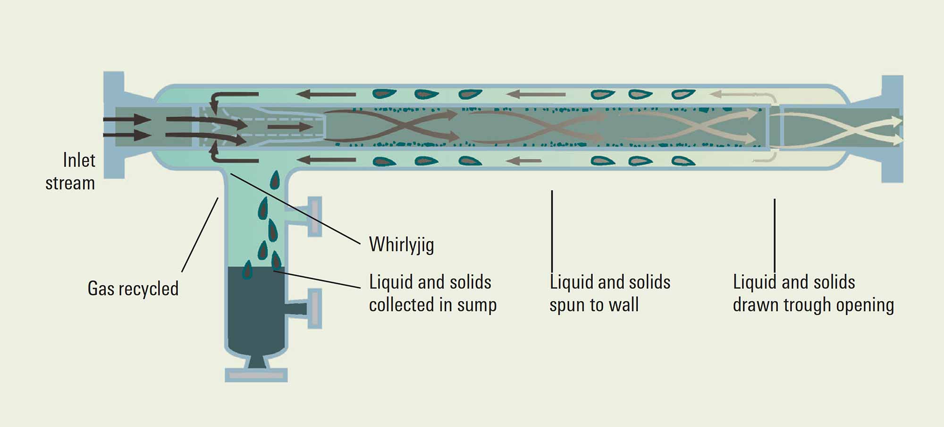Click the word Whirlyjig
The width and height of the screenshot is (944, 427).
click(x=401, y=245)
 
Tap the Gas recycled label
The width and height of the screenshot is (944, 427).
click(x=133, y=289)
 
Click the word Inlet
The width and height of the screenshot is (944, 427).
click(x=79, y=161)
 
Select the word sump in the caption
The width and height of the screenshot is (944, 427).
click(x=477, y=306)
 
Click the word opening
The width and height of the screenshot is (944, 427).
click(x=865, y=306)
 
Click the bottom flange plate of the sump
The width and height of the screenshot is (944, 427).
click(x=256, y=376)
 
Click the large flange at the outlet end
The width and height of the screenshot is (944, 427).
click(x=892, y=128)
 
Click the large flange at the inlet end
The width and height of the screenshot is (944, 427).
click(x=114, y=125)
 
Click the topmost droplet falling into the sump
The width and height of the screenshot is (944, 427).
click(x=275, y=180)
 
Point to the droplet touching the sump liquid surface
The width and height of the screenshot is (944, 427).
click(x=247, y=270)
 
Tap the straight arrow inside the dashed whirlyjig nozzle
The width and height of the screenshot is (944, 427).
click(x=289, y=127)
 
